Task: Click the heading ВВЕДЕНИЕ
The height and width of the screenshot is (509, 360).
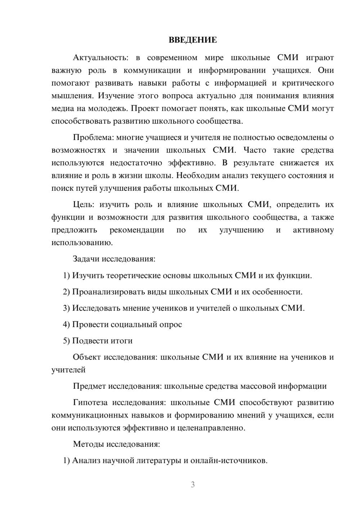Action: (x=193, y=40)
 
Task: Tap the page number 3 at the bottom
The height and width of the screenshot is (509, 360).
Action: (x=193, y=485)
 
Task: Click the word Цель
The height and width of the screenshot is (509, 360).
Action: (x=83, y=204)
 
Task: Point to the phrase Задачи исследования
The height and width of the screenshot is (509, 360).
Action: (x=114, y=259)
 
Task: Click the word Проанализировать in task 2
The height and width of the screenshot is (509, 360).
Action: (x=108, y=292)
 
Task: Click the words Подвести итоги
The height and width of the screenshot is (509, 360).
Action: (x=102, y=341)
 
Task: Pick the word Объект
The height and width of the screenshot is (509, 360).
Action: (x=86, y=357)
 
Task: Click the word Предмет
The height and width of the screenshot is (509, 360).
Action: (x=89, y=386)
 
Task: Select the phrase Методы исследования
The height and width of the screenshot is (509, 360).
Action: (x=116, y=444)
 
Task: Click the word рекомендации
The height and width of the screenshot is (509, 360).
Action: (x=136, y=230)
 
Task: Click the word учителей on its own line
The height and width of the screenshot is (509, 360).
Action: (x=68, y=370)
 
